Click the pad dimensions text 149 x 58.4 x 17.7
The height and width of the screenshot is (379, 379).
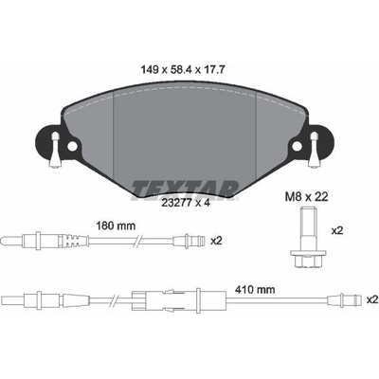pos(182,70)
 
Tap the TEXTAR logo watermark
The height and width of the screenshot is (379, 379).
pos(186,190)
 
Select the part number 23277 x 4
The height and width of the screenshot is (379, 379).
pos(186,204)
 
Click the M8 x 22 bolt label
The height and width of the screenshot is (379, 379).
pos(307,197)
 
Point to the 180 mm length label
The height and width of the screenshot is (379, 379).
pos(116,226)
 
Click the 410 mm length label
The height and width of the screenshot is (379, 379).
pos(255,289)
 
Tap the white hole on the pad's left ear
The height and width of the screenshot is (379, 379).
pos(72,146)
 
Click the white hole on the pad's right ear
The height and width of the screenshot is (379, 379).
pos(297,146)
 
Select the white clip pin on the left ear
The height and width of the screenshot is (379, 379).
pos(55,150)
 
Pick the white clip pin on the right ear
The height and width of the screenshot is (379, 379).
pos(314,150)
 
